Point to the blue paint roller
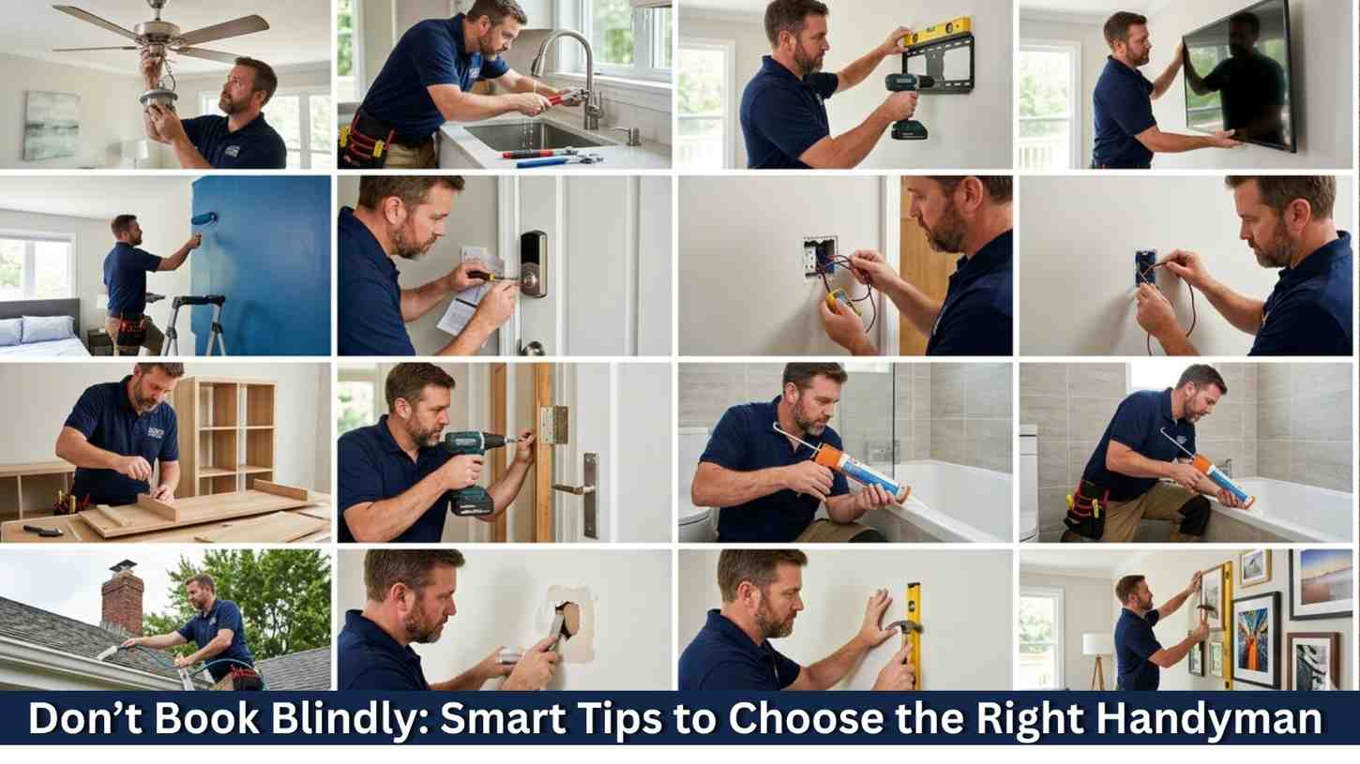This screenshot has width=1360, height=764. click(204, 219)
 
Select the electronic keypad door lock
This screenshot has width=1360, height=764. click(533, 264)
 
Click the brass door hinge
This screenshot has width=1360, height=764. click(553, 425)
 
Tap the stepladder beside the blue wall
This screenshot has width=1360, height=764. click(194, 324)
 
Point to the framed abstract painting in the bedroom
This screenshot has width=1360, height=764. click(51, 125)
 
